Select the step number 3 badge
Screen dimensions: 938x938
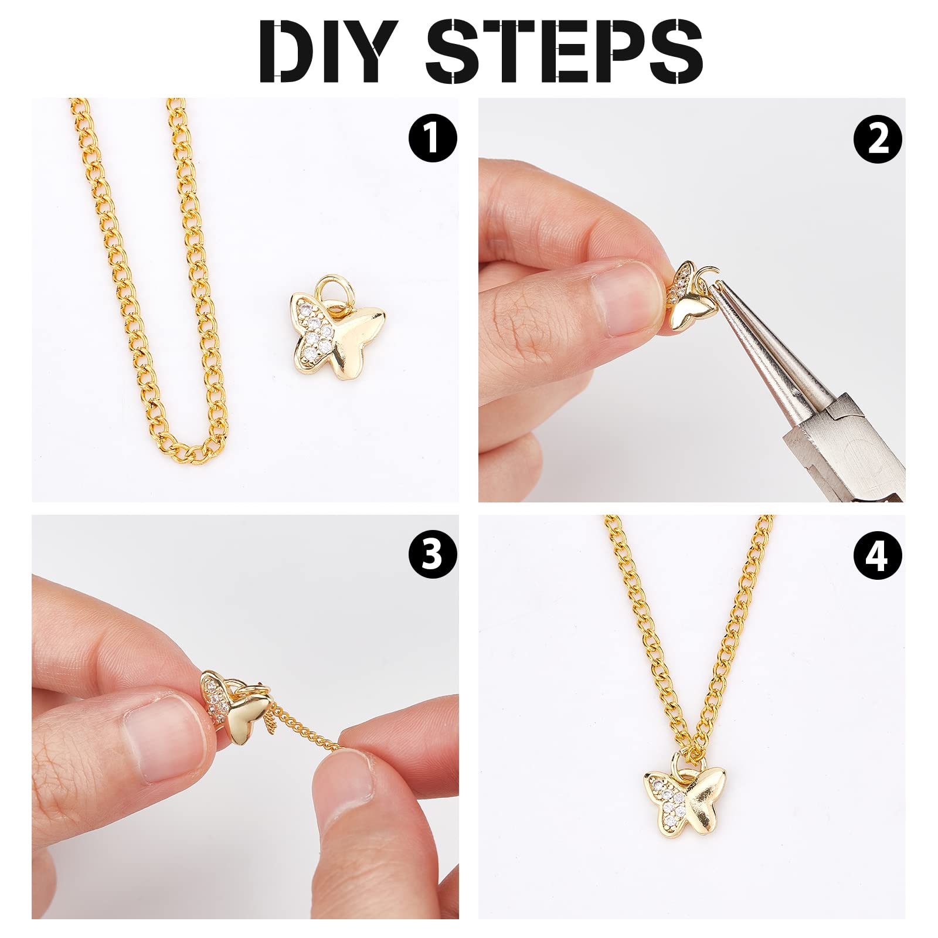[433, 553]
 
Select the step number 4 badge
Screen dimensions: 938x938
[878, 553]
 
